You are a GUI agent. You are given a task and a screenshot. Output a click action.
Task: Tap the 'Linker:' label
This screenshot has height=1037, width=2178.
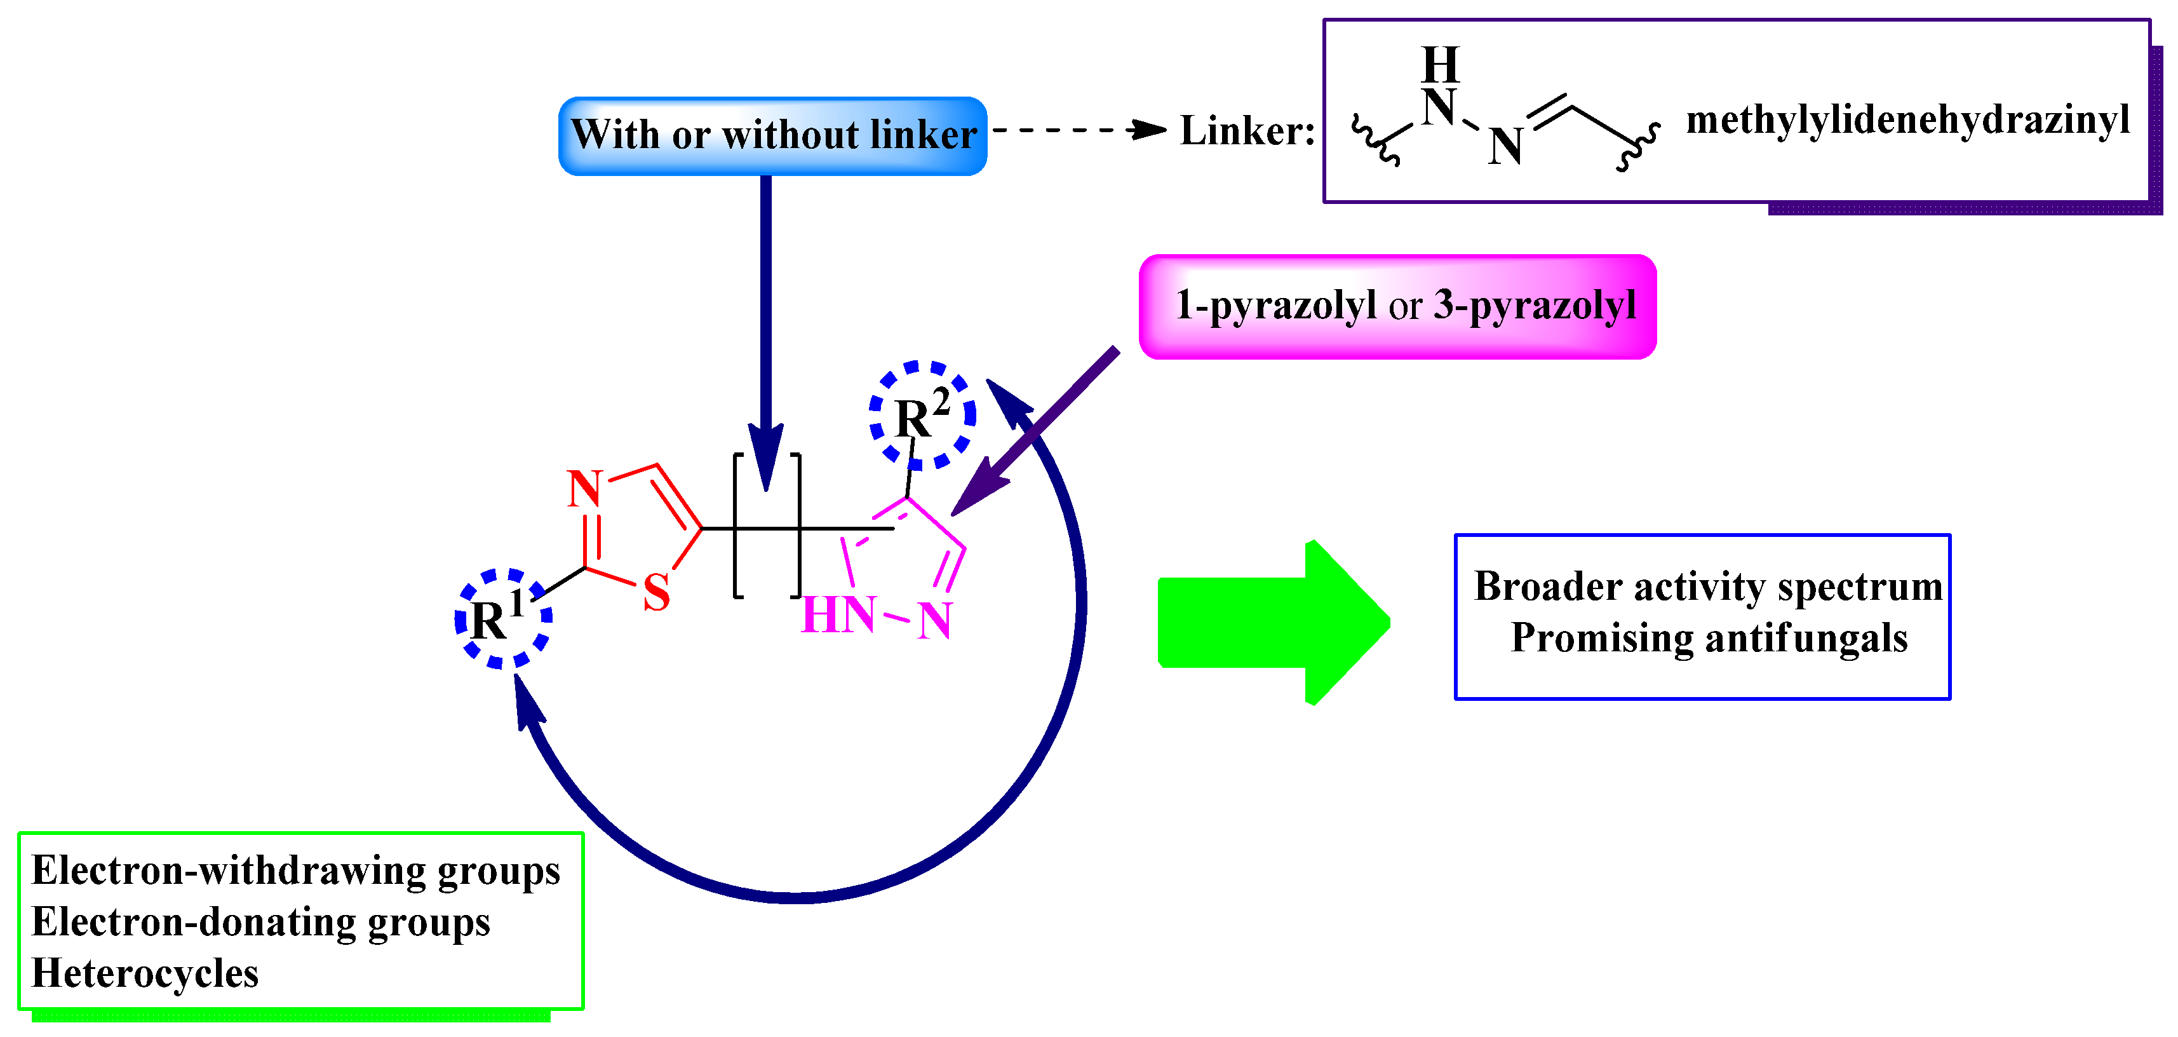1247,131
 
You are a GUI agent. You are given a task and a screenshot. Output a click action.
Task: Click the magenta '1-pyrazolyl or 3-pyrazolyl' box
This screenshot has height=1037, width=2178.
1397,306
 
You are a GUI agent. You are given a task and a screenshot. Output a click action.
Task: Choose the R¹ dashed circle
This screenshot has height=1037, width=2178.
503,618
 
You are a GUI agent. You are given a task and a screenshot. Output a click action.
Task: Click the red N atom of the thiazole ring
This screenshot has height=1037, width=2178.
584,489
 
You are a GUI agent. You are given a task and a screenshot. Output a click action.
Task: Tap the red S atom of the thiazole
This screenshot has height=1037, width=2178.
656,592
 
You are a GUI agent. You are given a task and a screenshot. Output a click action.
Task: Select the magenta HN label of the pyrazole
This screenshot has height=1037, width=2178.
838,615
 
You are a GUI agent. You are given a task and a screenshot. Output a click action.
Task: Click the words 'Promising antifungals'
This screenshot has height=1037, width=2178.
1709,638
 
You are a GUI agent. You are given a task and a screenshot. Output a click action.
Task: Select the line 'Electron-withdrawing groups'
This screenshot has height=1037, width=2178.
295,871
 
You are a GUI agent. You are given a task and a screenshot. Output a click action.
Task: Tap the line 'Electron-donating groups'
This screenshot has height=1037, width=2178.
260,922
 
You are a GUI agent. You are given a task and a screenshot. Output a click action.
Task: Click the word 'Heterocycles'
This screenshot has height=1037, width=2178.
145,973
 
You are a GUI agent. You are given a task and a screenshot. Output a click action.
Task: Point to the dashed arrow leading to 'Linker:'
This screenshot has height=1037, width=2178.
1078,130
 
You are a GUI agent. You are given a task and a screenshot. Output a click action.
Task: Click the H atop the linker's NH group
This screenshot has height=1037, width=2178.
1440,64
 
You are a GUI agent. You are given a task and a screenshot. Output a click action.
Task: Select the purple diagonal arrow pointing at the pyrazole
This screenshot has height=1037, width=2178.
1036,431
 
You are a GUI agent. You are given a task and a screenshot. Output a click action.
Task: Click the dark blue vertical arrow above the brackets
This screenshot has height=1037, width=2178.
765,330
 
